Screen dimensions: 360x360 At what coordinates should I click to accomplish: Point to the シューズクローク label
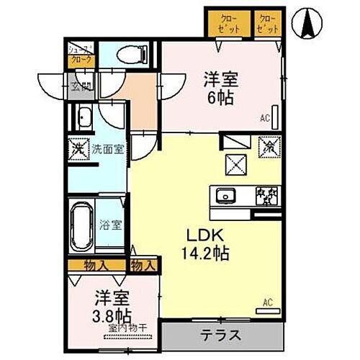(x=80, y=56)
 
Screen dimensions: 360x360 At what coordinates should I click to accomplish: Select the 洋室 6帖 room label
(x=220, y=88)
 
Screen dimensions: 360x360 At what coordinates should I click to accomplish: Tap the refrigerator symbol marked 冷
(x=267, y=145)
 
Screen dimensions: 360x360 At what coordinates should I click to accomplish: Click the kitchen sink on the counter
(x=225, y=194)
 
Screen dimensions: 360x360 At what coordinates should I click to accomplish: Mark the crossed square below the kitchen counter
(x=236, y=163)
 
